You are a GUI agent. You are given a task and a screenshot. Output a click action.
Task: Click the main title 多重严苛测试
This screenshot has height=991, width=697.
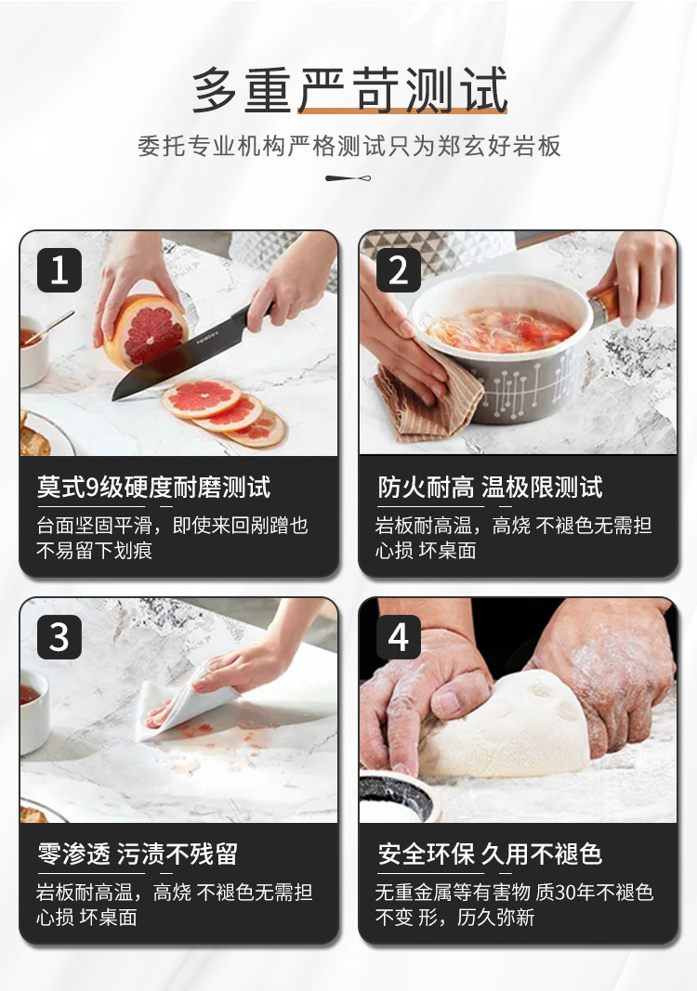coord(349,90)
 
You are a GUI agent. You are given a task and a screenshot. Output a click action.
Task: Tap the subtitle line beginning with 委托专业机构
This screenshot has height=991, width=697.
coord(349,146)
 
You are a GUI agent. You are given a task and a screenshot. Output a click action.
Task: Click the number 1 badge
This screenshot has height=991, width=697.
coord(59,270)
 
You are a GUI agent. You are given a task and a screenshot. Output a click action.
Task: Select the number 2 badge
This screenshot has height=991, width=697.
coord(399,270)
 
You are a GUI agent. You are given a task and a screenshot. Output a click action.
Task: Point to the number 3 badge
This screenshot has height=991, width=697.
coord(59,637)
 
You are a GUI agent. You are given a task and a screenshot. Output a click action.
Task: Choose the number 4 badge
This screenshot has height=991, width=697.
coord(399,637)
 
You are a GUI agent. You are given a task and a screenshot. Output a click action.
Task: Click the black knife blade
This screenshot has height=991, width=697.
coord(174,359)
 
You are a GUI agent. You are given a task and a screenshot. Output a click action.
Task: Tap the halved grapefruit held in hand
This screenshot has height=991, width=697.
coord(147,332)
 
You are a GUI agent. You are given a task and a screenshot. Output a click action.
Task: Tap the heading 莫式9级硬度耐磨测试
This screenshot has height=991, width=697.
coord(153,488)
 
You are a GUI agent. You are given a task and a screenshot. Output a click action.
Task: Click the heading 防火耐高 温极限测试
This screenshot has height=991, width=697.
coord(490,488)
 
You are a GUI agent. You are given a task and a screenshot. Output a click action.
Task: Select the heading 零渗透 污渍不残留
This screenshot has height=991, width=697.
coord(138,854)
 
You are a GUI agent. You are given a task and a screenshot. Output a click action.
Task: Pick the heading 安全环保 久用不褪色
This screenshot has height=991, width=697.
coord(490,854)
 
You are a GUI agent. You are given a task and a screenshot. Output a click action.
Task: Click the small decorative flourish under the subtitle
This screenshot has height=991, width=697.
coord(348,178)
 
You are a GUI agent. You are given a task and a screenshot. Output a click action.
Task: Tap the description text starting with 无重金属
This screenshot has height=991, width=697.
coord(514,905)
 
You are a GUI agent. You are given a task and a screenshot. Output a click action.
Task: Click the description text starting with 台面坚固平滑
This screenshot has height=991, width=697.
coord(172,538)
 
